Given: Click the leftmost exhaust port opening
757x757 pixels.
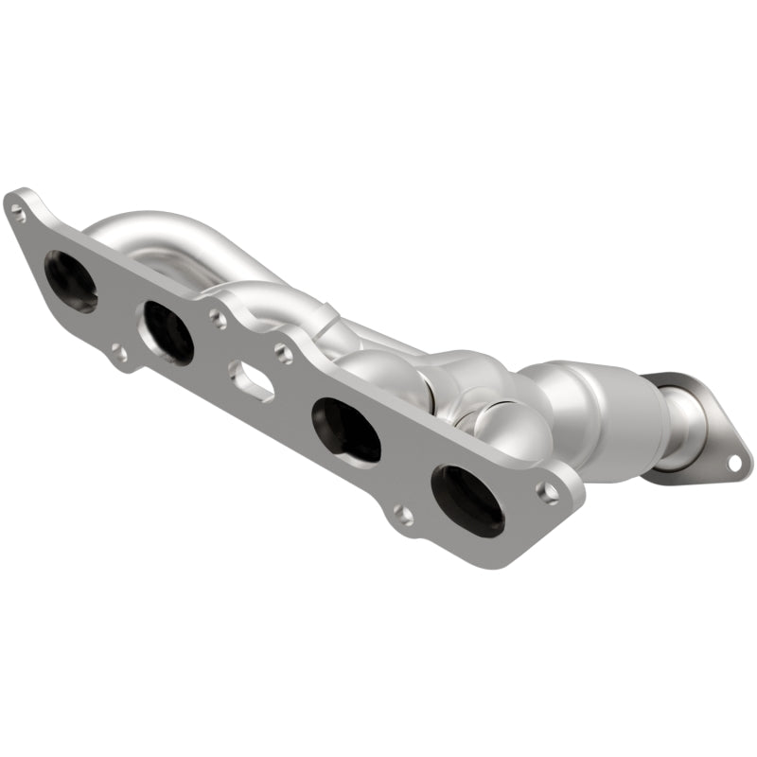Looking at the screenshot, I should (70, 281).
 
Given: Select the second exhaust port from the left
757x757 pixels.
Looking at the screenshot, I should (167, 331).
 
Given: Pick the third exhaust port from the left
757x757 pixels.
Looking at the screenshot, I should (345, 429).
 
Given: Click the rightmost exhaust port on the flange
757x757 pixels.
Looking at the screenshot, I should (467, 500).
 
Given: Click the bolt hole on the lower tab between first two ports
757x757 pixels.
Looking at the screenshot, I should (118, 355).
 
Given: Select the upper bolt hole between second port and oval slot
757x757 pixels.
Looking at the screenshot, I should (218, 319).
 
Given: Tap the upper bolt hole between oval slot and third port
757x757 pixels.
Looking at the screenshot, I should (282, 354).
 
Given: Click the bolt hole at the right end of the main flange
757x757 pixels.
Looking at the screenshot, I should (548, 491).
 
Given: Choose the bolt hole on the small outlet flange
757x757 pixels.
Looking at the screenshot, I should (733, 462).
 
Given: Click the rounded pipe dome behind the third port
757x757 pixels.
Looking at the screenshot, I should (378, 374).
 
